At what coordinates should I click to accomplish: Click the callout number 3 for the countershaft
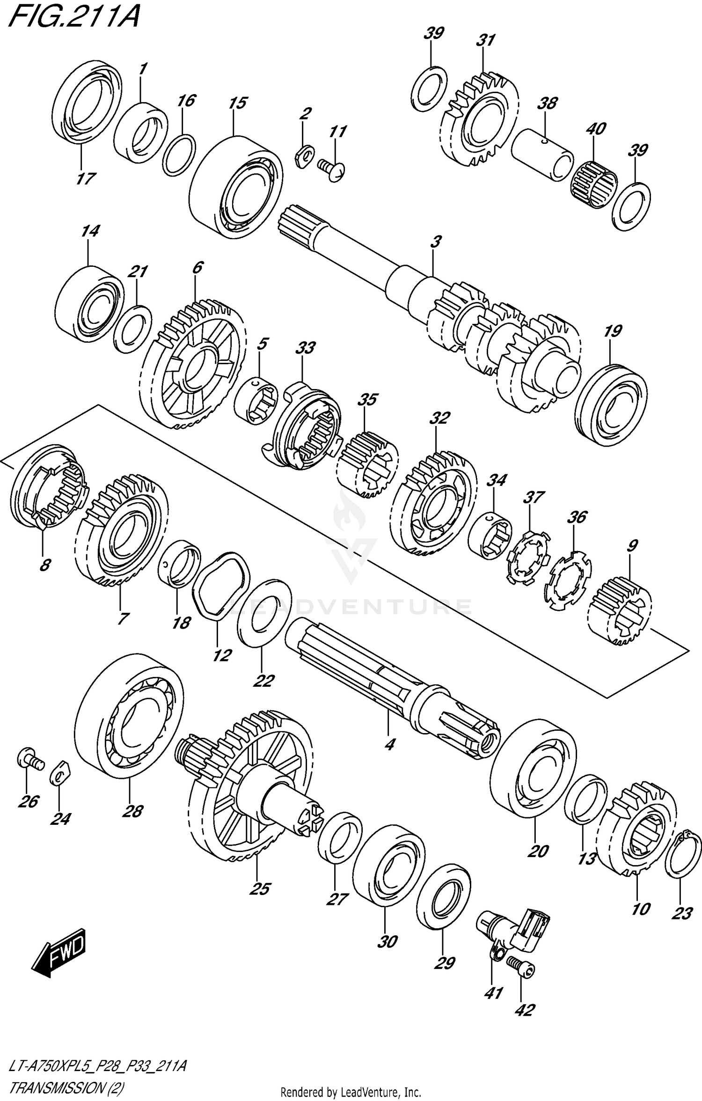tap(435, 242)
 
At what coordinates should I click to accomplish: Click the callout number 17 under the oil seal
tap(86, 178)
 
